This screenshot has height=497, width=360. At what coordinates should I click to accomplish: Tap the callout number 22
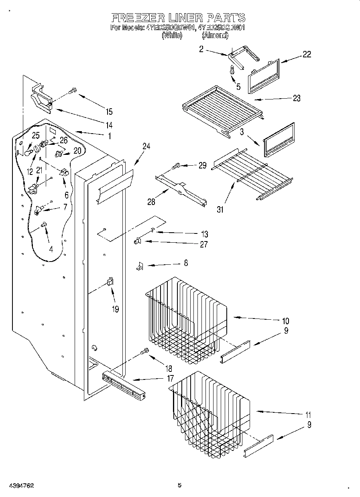[x=306, y=55]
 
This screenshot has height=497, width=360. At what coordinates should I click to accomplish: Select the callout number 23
[x=297, y=98]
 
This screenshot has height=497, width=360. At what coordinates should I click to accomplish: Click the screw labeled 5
[x=232, y=70]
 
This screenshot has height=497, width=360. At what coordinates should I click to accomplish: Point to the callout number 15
[x=108, y=112]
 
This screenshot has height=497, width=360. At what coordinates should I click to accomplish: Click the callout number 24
[x=146, y=146]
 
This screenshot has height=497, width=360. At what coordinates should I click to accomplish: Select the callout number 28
[x=151, y=201]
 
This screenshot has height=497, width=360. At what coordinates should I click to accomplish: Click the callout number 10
[x=285, y=321]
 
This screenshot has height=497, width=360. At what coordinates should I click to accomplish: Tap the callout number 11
[x=308, y=415]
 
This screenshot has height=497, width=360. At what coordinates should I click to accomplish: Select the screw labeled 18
[x=144, y=352]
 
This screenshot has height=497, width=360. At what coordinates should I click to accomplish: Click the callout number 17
[x=170, y=378]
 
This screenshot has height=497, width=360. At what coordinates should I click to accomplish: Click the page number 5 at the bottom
[x=179, y=485]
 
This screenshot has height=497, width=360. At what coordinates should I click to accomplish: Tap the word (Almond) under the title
[x=215, y=35]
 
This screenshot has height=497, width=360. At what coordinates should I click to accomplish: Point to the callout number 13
[x=204, y=234]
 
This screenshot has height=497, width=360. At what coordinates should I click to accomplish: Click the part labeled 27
[x=138, y=241]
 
